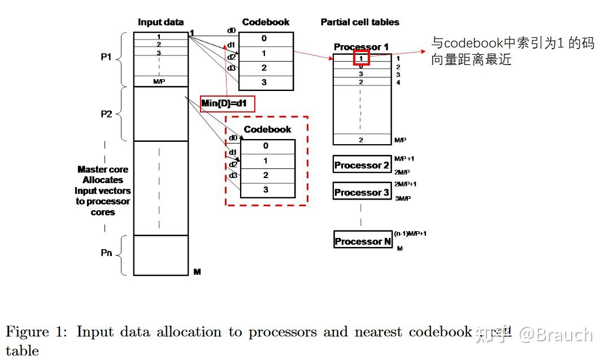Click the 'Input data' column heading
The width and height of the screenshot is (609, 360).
pyautogui.click(x=160, y=23)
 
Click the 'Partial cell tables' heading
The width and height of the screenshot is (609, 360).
pyautogui.click(x=360, y=23)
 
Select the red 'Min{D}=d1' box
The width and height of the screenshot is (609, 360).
pyautogui.click(x=228, y=103)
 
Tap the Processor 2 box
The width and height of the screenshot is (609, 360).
pyautogui.click(x=362, y=165)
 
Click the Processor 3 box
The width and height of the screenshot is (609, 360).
pyautogui.click(x=362, y=192)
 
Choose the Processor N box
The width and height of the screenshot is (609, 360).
pyautogui.click(x=363, y=241)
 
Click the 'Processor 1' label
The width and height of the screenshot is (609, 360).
pyautogui.click(x=361, y=47)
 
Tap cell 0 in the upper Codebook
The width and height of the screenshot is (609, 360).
pyautogui.click(x=266, y=39)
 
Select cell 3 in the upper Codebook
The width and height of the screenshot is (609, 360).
pyautogui.click(x=266, y=83)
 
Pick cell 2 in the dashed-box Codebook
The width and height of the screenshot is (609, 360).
pyautogui.click(x=268, y=176)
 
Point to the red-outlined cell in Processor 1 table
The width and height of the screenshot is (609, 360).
pyautogui.click(x=361, y=57)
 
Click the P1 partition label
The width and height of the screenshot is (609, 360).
pyautogui.click(x=106, y=57)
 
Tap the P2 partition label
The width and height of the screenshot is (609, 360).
pyautogui.click(x=106, y=114)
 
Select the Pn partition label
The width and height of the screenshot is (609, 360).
pyautogui.click(x=106, y=253)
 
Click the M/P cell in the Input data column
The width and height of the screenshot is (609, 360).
pyautogui.click(x=160, y=81)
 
